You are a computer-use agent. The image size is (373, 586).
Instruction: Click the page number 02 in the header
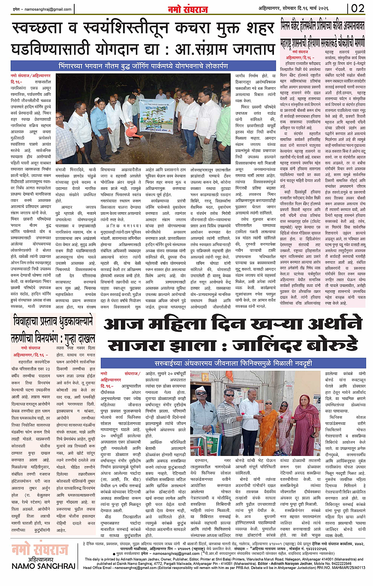(x=359, y=8)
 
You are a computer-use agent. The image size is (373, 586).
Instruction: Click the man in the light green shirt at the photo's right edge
(x=224, y=125)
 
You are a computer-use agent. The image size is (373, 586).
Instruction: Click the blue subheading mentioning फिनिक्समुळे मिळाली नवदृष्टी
(x=233, y=363)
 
